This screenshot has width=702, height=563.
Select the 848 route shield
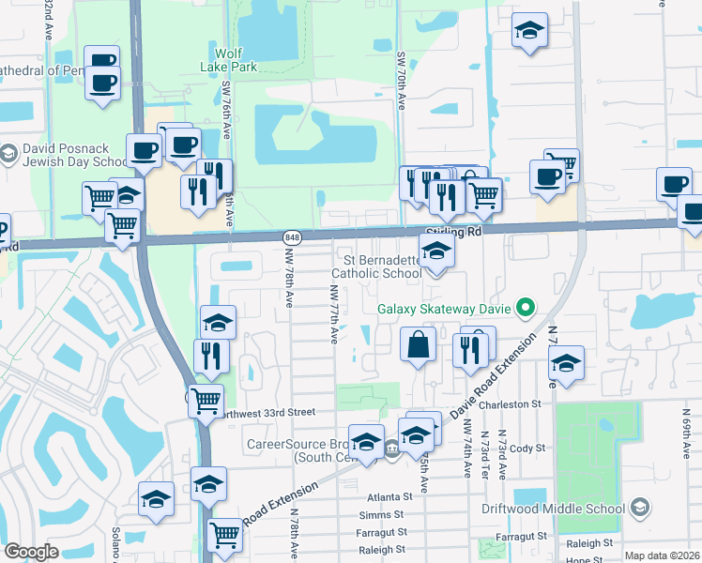tap(293, 238)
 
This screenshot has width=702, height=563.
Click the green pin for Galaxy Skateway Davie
tap(526, 308)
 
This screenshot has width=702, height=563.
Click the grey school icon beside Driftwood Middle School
tap(639, 509)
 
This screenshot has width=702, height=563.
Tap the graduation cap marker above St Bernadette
tap(436, 251)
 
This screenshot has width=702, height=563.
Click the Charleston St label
tap(511, 404)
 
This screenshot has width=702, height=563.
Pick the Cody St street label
tap(527, 449)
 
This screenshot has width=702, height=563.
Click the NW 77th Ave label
tap(334, 314)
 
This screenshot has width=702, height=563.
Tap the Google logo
tap(31, 552)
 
